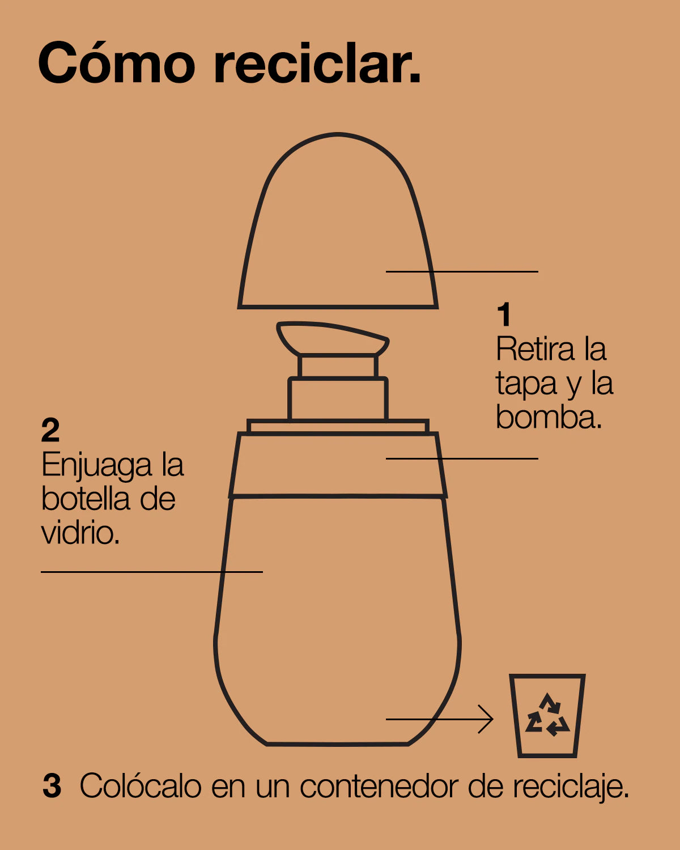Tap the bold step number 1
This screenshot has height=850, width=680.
pos(504,314)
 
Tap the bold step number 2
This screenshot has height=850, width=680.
pos(50,430)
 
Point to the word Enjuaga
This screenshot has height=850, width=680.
pos(96,466)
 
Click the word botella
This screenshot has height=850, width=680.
pos(86,499)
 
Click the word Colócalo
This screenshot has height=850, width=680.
pos(141,786)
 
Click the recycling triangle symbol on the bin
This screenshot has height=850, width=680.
pos(547,715)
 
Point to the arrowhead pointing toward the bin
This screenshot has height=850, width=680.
pos(487,719)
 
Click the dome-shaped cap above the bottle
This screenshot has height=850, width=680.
pos(338,306)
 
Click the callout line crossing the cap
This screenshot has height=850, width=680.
pos(462,271)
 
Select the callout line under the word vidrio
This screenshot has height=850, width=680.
pos(152,572)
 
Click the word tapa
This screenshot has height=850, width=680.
pos(526,384)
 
